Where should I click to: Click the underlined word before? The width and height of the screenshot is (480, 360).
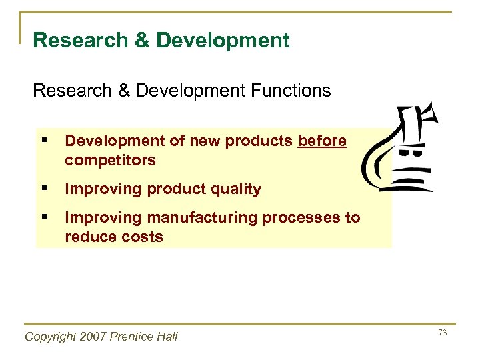tap(322, 141)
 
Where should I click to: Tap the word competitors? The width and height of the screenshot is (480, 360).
tap(110, 160)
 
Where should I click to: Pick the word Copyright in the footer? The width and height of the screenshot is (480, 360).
tap(49, 337)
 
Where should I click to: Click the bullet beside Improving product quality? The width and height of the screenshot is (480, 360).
tap(43, 189)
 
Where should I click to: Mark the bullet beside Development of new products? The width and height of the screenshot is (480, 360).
tap(43, 141)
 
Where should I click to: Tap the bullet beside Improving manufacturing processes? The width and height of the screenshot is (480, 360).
tap(43, 218)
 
